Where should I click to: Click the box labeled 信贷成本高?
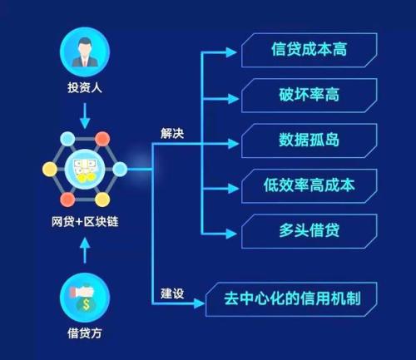(x=310, y=50)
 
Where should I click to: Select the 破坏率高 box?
(x=310, y=96)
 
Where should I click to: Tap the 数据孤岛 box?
(x=310, y=141)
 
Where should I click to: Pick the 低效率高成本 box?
(x=310, y=186)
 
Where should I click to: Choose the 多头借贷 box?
(x=310, y=231)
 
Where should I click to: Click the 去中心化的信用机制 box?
(x=291, y=299)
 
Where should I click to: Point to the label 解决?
(x=172, y=134)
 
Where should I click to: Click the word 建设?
(x=172, y=293)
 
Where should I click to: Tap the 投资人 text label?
(x=85, y=87)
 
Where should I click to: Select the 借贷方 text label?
(x=85, y=333)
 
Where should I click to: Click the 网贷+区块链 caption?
(x=85, y=222)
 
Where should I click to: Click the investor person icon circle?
(x=85, y=52)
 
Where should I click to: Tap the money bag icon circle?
(x=85, y=298)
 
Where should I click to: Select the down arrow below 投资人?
(x=85, y=116)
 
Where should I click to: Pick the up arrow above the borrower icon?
(x=85, y=250)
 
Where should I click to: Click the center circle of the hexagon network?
(x=85, y=169)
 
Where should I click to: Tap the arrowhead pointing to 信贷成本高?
(x=231, y=52)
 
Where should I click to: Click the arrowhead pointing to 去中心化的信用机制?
(x=199, y=303)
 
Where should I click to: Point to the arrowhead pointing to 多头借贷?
(x=231, y=234)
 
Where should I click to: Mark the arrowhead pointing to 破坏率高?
(x=233, y=99)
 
